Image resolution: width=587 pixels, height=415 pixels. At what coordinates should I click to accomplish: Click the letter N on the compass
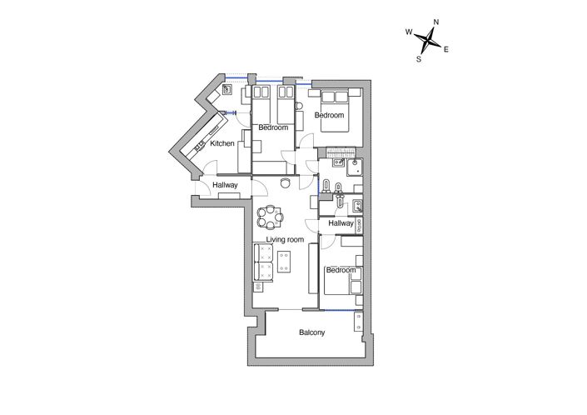(x=436, y=22)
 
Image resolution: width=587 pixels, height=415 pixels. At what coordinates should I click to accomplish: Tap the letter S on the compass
(x=418, y=59)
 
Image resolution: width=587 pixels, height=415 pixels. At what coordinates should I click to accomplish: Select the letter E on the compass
(x=446, y=50)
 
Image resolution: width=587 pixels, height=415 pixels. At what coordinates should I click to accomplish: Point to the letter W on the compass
(x=409, y=32)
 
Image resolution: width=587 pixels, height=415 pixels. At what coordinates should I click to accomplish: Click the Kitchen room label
(x=222, y=144)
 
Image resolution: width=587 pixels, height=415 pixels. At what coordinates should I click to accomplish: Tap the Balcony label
(x=312, y=333)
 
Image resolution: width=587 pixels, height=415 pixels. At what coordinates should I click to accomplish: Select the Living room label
(x=285, y=240)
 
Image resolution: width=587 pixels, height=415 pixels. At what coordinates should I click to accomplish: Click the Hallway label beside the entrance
(x=226, y=185)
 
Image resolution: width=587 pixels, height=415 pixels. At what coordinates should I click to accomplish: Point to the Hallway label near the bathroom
(x=341, y=223)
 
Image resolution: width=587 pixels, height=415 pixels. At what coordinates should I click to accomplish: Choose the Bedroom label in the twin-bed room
(x=273, y=127)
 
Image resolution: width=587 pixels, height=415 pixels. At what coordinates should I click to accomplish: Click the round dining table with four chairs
(x=270, y=217)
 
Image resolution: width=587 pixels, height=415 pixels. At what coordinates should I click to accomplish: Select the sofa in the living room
(x=264, y=263)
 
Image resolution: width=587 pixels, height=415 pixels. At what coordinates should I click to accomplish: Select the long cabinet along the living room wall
(x=314, y=268)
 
